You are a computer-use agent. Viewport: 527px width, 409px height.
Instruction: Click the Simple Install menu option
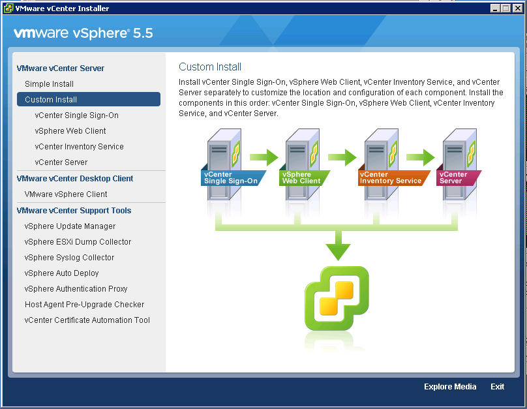pyautogui.click(x=49, y=84)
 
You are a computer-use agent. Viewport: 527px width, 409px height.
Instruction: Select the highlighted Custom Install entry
pyautogui.click(x=89, y=99)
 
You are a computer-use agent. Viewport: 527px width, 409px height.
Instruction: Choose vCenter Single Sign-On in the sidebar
pyautogui.click(x=76, y=115)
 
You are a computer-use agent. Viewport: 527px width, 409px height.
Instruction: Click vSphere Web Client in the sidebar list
pyautogui.click(x=70, y=131)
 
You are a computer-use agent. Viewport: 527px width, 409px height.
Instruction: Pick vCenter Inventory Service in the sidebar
pyautogui.click(x=80, y=147)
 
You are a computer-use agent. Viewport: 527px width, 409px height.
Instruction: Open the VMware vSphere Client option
pyautogui.click(x=66, y=194)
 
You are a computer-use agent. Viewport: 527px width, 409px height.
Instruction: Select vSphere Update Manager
pyautogui.click(x=70, y=226)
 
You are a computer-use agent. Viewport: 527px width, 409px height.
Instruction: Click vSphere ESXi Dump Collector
pyautogui.click(x=78, y=242)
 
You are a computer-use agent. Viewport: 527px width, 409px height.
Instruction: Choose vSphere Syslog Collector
pyautogui.click(x=69, y=258)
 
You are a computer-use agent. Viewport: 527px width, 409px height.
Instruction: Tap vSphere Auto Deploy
pyautogui.click(x=61, y=273)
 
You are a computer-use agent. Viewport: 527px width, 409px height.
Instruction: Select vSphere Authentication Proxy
pyautogui.click(x=76, y=289)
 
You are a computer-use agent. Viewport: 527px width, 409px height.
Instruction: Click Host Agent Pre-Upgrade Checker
pyautogui.click(x=84, y=305)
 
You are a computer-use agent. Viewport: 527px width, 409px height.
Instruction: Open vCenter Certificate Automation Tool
pyautogui.click(x=87, y=320)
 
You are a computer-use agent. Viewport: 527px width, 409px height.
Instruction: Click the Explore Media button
pyautogui.click(x=450, y=387)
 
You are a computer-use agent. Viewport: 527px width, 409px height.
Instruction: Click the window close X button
pyautogui.click(x=518, y=8)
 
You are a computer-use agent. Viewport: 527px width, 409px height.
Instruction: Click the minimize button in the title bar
pyautogui.click(x=495, y=8)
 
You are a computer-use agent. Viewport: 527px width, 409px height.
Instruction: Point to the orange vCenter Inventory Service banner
pyautogui.click(x=393, y=178)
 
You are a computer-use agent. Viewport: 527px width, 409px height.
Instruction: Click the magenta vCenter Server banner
pyautogui.click(x=458, y=178)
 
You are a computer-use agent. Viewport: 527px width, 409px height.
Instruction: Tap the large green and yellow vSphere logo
pyautogui.click(x=337, y=298)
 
